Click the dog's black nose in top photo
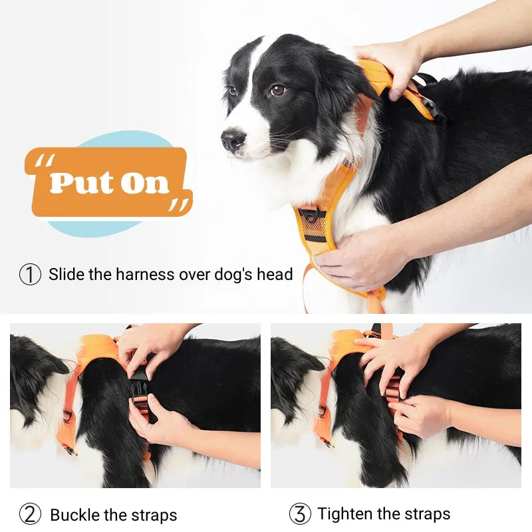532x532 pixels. tap(233, 140)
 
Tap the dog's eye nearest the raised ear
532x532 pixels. tap(277, 90)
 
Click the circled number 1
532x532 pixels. tap(30, 274)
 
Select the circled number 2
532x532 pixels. tap(30, 514)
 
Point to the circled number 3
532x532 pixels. tap(300, 514)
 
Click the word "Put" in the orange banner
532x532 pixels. tap(80, 182)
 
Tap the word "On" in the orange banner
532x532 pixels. tap(144, 182)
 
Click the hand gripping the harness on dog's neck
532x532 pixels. tap(389, 63)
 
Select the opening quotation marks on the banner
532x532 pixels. tap(45, 162)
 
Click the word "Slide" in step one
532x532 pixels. tap(66, 274)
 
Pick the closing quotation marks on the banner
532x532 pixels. tap(178, 205)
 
